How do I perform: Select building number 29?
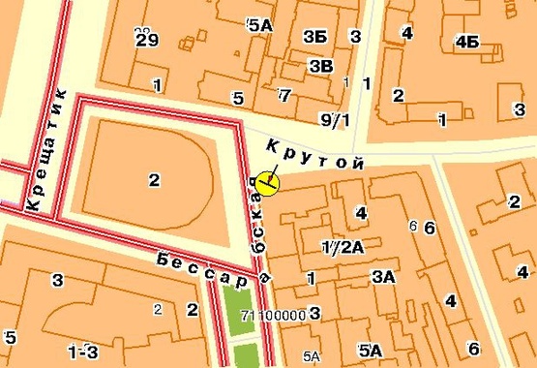pos(147,39)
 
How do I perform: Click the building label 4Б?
pos(466,41)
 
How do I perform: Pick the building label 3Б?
pos(314,37)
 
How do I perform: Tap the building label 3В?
pos(320,65)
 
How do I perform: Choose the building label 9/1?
pos(333,120)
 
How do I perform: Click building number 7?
pos(283,95)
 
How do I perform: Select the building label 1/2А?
pos(343,246)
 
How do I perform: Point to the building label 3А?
pos(383,276)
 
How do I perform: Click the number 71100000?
pos(273,315)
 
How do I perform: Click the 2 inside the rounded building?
pos(153,178)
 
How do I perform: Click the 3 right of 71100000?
pos(314,314)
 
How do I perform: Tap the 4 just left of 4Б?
pos(406,33)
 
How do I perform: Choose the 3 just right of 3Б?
pos(356,37)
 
